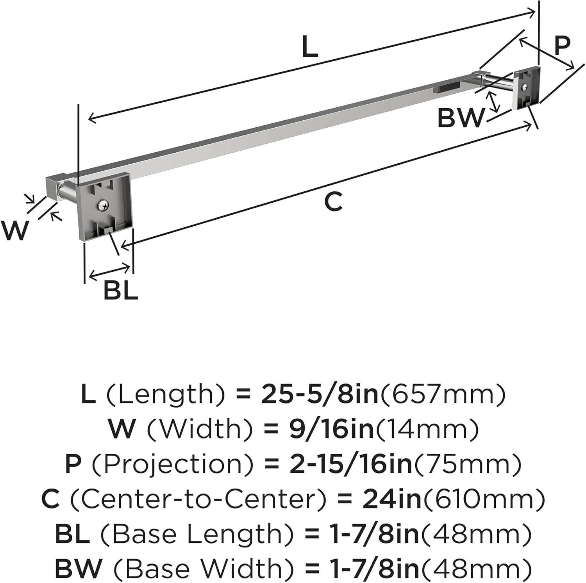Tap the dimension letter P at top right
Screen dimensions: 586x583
point(562,45)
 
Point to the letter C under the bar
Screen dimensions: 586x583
point(333,201)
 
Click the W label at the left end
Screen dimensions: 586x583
point(15,230)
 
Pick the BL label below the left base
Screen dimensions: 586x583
point(121,291)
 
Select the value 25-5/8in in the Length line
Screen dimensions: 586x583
point(320,395)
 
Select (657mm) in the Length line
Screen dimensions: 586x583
point(442,395)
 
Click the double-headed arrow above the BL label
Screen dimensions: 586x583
point(110,271)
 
